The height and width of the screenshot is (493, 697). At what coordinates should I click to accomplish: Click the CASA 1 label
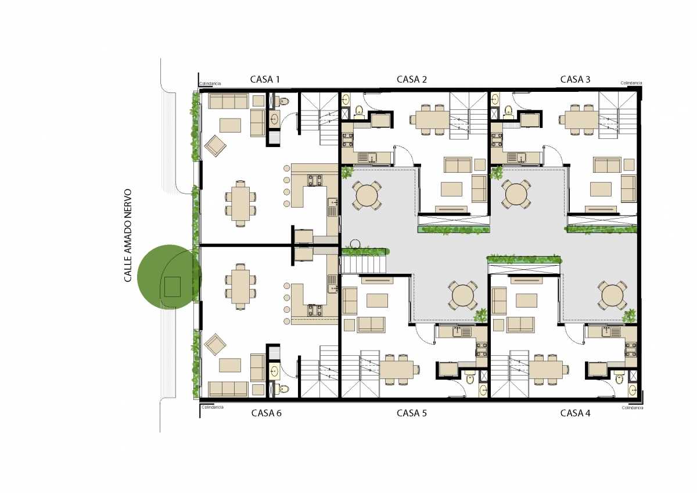point(265,80)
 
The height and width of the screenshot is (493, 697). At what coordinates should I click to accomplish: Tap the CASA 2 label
point(411,80)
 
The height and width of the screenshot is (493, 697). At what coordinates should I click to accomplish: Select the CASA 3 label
point(575,80)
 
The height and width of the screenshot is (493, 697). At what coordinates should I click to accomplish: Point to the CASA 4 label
point(575,413)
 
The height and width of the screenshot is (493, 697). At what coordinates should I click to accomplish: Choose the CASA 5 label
point(411,413)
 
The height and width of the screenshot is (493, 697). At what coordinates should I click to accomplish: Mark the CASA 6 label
point(267,413)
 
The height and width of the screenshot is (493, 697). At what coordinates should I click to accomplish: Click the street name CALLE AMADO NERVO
point(128,235)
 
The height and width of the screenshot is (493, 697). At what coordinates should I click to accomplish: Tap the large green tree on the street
point(170,277)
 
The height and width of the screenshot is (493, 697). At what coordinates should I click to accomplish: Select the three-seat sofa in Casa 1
point(228,101)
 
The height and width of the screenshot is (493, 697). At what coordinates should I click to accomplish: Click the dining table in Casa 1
point(240,203)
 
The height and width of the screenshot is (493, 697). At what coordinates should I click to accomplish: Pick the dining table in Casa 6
point(240,287)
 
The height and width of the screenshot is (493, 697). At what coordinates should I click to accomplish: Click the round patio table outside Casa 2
point(367,195)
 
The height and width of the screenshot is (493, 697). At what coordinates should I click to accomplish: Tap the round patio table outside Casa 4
point(612,295)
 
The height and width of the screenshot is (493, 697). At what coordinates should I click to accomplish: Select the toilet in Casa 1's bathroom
point(284,101)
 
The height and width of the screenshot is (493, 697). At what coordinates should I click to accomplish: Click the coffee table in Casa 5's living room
point(377,301)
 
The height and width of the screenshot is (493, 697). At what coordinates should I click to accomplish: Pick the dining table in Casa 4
point(546,369)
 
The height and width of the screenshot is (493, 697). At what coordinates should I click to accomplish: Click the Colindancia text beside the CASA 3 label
point(631,83)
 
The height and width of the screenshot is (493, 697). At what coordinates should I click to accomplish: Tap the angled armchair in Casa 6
point(215,344)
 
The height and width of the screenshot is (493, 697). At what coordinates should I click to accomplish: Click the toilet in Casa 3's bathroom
point(508,111)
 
